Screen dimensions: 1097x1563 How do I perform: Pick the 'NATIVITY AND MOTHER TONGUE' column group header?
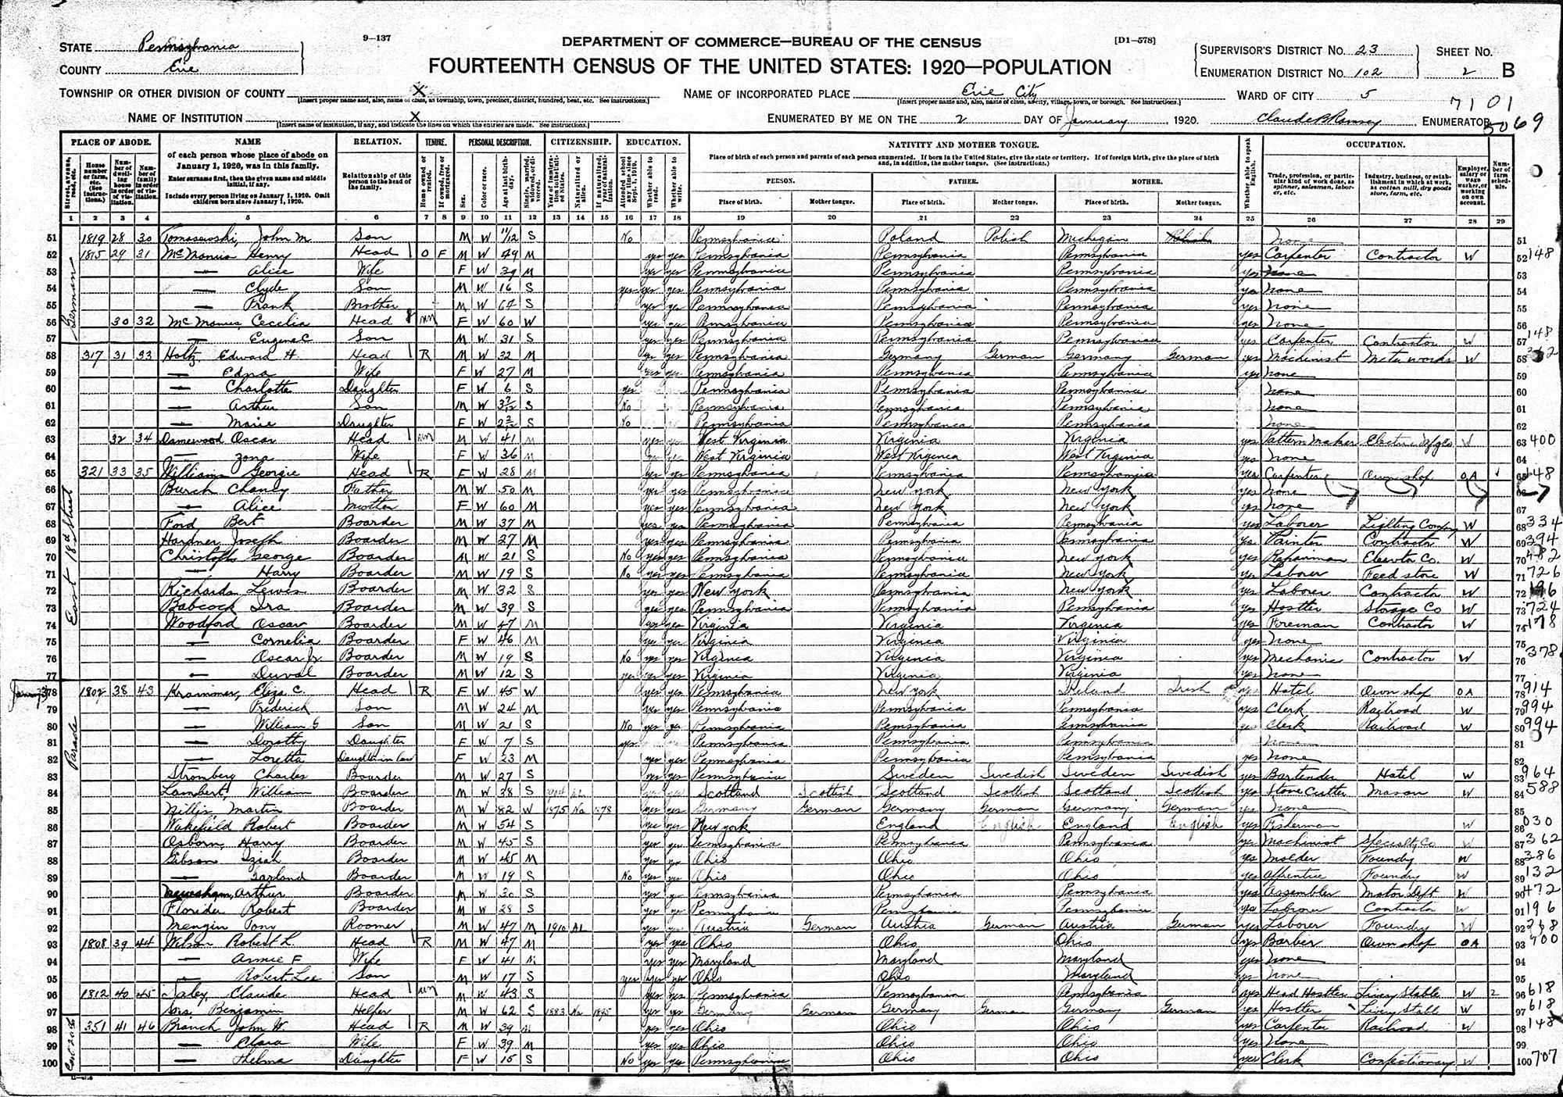(962, 146)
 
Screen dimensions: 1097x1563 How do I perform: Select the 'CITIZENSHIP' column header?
(580, 143)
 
